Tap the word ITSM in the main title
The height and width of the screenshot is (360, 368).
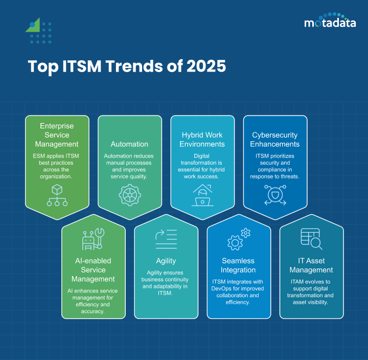click(89, 67)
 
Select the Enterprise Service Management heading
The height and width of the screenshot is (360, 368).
click(57, 135)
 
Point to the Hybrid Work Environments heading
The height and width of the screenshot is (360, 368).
click(202, 140)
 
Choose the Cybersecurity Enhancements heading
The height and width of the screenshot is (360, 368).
click(275, 140)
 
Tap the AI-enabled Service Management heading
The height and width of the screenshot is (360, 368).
click(93, 269)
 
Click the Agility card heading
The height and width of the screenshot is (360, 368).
click(166, 261)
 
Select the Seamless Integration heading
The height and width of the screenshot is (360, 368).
click(238, 265)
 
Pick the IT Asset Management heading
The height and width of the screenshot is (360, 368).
click(311, 265)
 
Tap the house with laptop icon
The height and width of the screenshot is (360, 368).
click(202, 195)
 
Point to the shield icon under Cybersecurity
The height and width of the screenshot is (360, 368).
click(275, 195)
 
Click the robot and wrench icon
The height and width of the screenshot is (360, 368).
click(93, 239)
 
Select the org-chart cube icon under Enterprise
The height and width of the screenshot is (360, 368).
click(57, 195)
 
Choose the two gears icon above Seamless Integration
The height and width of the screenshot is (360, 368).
click(238, 238)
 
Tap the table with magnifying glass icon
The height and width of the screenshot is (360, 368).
click(311, 238)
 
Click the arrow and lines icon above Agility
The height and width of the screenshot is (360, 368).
click(166, 238)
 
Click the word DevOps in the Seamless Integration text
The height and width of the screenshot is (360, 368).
click(223, 288)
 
